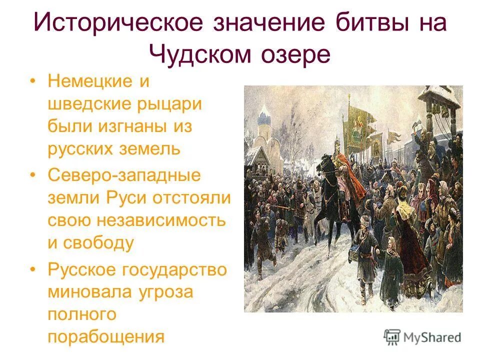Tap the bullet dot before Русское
[33, 269]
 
